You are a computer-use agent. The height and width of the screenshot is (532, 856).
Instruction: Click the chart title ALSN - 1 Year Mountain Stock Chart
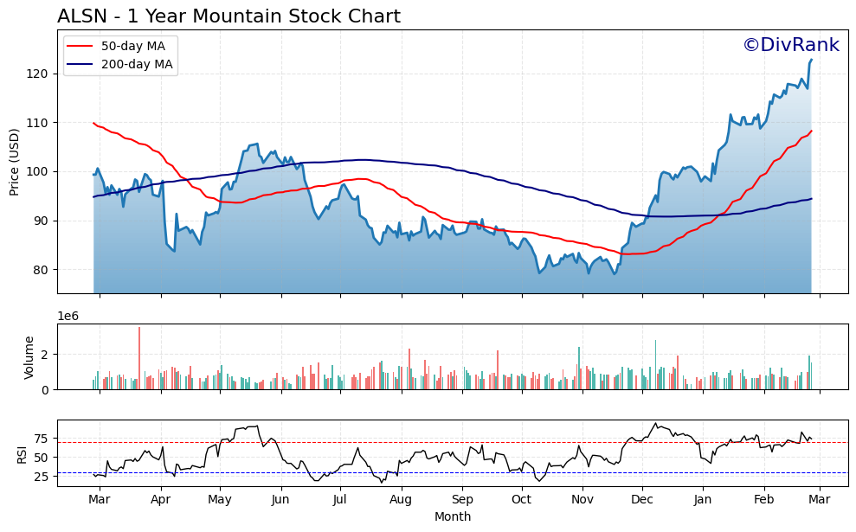coord(228,16)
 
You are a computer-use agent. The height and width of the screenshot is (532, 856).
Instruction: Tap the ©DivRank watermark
coord(790,46)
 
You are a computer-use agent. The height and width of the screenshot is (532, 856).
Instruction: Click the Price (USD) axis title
coord(15,162)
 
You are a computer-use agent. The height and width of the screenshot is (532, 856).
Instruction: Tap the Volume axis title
coord(29,357)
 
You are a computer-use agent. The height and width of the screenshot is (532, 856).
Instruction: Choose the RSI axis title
coord(23,453)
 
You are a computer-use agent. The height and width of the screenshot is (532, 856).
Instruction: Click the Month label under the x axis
coord(453,517)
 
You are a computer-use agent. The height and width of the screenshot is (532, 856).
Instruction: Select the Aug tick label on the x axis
coord(401,500)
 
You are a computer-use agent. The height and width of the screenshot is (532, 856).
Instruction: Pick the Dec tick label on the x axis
coord(642,500)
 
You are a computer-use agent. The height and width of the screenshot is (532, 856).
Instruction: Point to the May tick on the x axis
coord(220,500)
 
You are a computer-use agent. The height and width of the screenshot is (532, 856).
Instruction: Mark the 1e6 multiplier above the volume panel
coord(68,316)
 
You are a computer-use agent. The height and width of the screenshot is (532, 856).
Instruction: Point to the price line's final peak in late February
coord(811,60)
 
